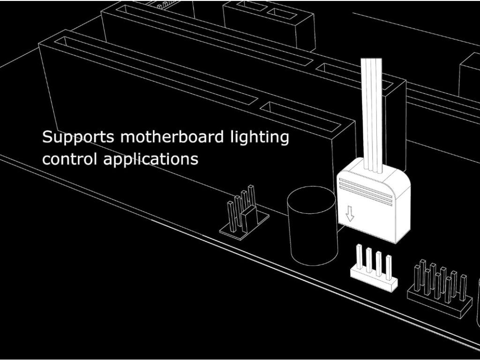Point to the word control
click(70, 159)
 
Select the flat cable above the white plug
click(373, 112)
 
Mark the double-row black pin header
click(439, 291)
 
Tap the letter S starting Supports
click(47, 137)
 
